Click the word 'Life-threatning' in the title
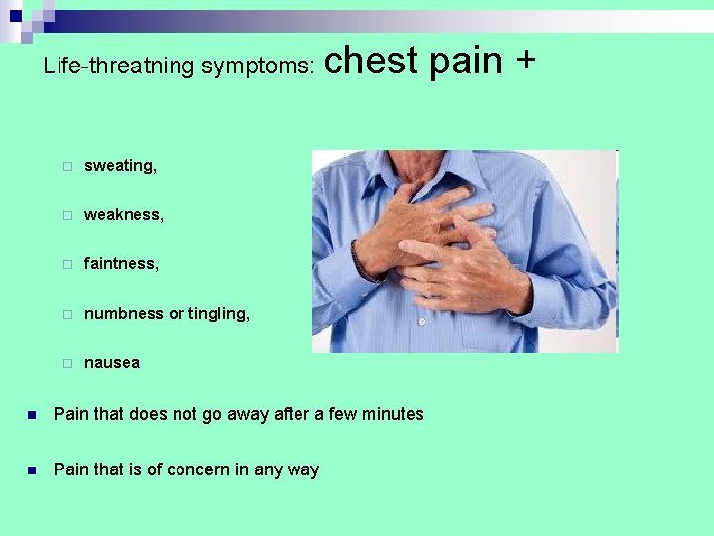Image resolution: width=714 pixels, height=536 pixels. pyautogui.click(x=118, y=67)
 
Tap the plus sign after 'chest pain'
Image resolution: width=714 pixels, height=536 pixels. pyautogui.click(x=525, y=61)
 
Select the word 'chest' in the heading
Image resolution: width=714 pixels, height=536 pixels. pyautogui.click(x=371, y=61)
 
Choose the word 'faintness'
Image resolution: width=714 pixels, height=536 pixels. pyautogui.click(x=121, y=264)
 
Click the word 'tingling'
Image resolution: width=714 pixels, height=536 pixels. pyautogui.click(x=218, y=314)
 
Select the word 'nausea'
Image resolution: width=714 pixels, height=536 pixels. pyautogui.click(x=112, y=363)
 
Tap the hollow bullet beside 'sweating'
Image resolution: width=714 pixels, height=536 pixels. pyautogui.click(x=66, y=166)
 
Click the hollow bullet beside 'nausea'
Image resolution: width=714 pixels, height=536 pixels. pyautogui.click(x=66, y=363)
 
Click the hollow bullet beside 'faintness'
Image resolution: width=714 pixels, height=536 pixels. pyautogui.click(x=66, y=264)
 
